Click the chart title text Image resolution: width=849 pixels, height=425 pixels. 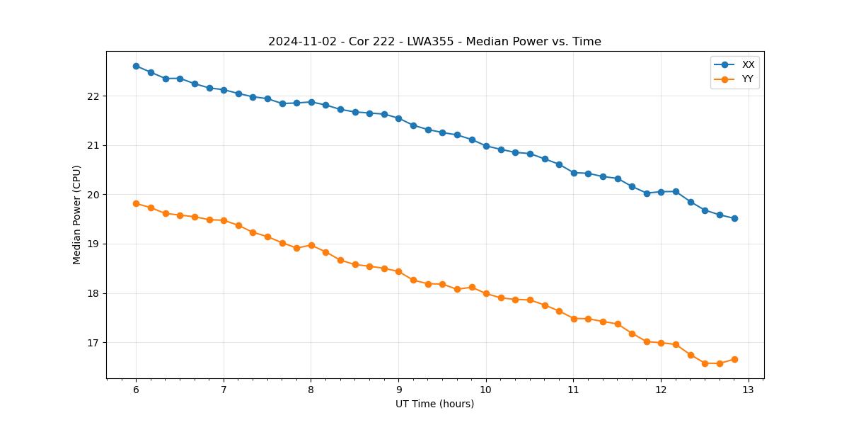[434, 42]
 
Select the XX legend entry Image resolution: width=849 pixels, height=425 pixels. [748, 65]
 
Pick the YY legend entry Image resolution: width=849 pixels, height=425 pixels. [747, 79]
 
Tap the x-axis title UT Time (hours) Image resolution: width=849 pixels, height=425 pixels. [434, 404]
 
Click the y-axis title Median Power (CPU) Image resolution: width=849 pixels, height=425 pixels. [77, 215]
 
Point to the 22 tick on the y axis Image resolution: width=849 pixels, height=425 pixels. [96, 96]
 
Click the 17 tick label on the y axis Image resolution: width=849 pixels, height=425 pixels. [96, 343]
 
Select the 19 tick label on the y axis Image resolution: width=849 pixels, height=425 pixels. [96, 244]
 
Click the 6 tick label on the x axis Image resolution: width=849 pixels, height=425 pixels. [136, 390]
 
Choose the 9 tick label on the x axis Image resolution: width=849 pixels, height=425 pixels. [398, 390]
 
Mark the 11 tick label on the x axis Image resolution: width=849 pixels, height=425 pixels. [573, 390]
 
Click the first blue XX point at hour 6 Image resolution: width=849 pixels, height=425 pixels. [136, 66]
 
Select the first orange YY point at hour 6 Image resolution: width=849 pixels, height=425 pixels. [136, 203]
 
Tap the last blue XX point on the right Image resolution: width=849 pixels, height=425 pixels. [734, 218]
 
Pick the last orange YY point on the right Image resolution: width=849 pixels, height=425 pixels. [734, 359]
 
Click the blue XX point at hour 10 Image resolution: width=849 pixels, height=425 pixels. [486, 146]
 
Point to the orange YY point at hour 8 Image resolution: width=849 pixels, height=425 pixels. [311, 245]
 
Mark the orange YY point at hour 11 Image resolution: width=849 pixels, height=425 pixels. [574, 319]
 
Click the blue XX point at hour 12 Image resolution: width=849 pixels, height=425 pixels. [661, 192]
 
